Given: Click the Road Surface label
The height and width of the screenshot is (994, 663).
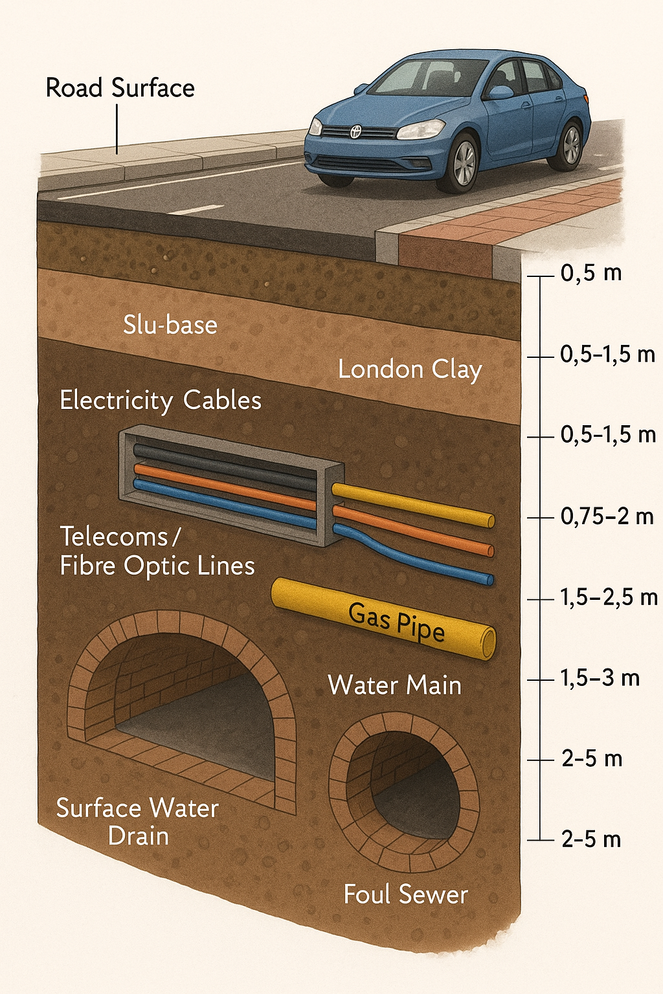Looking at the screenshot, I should point(120,88).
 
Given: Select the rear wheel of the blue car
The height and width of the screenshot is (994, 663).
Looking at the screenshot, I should point(570,146).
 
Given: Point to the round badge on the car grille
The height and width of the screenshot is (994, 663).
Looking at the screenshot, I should point(355,131).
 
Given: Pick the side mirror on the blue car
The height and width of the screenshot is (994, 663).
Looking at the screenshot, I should point(500,93).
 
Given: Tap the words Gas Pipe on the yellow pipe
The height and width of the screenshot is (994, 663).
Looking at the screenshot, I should point(396,623).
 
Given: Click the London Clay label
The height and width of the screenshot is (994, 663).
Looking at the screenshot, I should point(410,370).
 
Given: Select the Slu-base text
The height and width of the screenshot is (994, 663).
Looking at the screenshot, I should point(170,325).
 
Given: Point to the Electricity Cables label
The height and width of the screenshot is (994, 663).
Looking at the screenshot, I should point(161,401).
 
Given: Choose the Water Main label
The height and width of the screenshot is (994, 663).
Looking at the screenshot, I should point(395,685).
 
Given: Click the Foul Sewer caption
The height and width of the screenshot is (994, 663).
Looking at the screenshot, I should point(405,894).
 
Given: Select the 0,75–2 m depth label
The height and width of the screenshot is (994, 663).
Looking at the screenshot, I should point(607,516).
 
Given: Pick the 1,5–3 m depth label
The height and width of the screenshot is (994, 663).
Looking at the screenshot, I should point(600,678).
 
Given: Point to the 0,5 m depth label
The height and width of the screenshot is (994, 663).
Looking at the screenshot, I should point(591,273).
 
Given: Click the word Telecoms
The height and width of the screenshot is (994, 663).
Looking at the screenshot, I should point(114,537).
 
